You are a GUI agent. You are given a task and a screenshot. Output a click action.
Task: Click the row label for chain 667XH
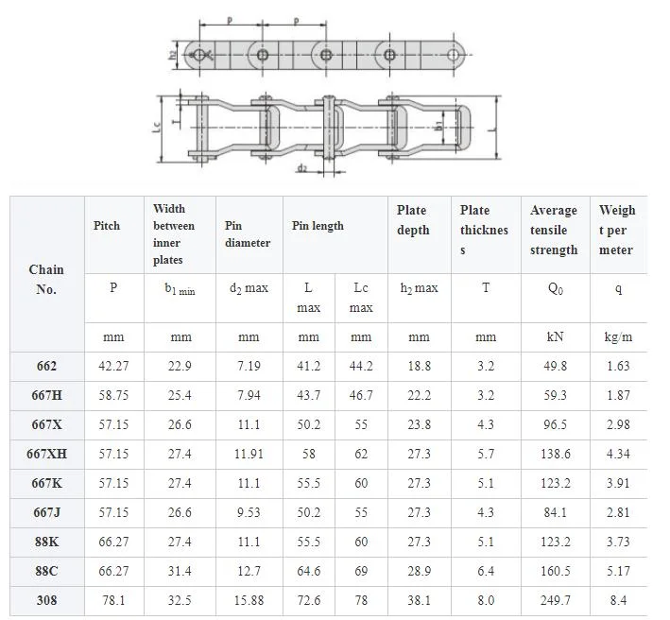[x=46, y=454]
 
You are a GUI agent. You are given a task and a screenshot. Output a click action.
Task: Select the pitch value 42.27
[x=113, y=366]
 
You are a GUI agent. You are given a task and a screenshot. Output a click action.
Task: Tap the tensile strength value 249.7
[x=555, y=600]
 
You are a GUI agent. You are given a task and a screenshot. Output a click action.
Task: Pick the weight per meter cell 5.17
[x=618, y=571]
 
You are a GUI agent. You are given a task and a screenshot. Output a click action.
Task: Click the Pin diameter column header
[x=248, y=234]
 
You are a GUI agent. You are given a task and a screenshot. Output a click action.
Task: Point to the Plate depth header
[x=413, y=220]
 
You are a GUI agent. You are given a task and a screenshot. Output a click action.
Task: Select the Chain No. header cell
[x=46, y=280]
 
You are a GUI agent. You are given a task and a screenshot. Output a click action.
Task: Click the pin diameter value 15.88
[x=249, y=600]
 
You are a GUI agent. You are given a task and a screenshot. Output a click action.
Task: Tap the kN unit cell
[x=555, y=336]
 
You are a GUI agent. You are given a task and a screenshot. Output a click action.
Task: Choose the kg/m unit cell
[x=618, y=337]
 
